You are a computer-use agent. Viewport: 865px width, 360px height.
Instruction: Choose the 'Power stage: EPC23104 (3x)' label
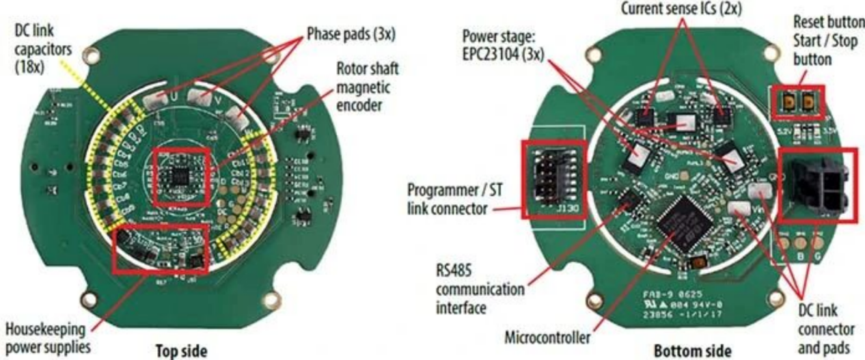(x=503, y=44)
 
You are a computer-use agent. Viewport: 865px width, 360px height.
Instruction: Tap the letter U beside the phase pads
(x=174, y=98)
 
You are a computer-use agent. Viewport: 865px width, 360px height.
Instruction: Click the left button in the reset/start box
(x=789, y=102)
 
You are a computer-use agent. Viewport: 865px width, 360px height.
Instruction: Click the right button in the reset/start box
(x=810, y=102)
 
